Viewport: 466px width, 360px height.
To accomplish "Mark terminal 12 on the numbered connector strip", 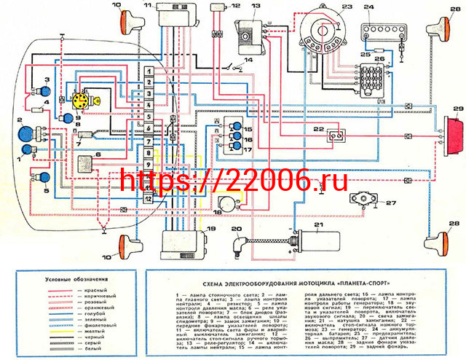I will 148,197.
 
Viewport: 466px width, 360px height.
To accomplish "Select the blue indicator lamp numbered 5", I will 44,176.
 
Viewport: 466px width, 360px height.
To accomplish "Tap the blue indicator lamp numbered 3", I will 44,93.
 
